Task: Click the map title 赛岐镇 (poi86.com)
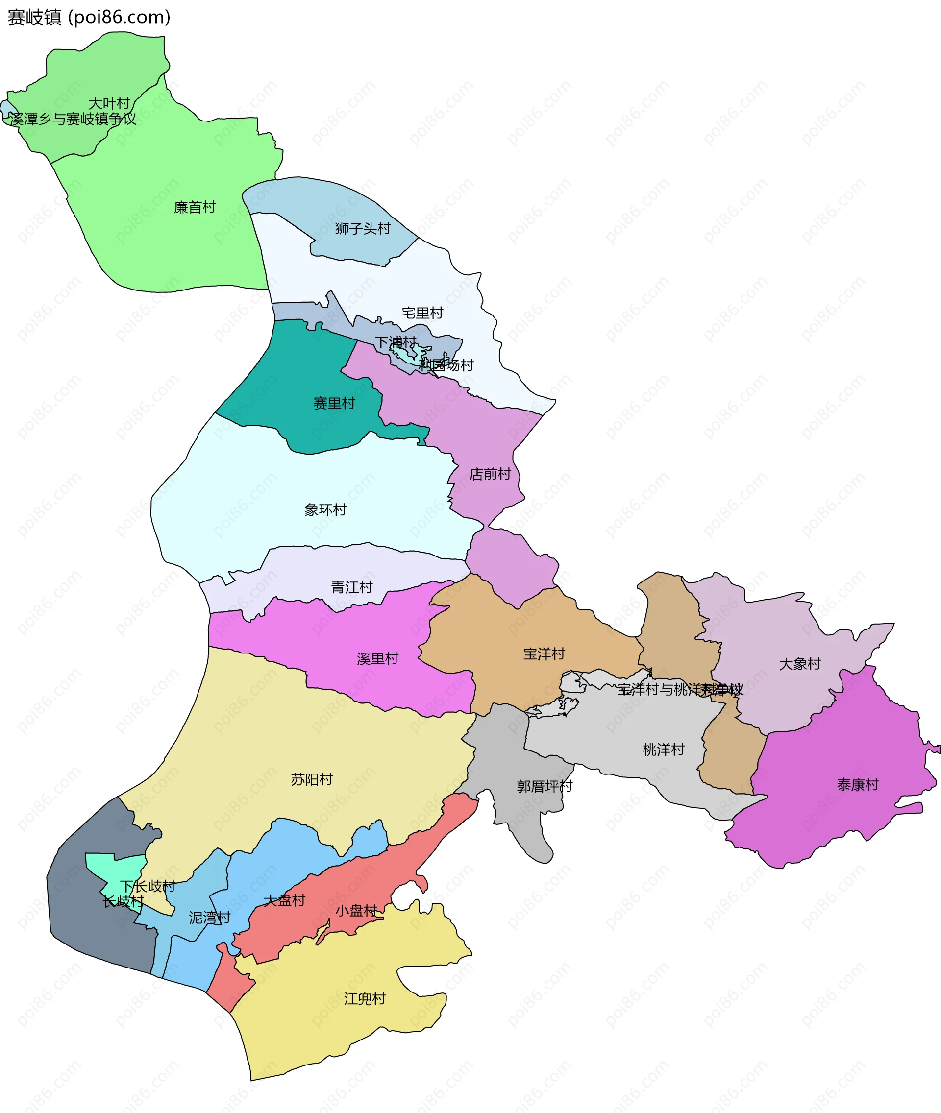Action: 89,18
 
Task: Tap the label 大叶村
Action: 109,103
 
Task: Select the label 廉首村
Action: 195,207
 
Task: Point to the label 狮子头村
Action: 363,228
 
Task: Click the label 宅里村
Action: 422,313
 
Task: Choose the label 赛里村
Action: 334,403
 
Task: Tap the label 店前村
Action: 490,474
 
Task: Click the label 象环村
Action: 325,509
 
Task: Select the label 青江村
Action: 351,587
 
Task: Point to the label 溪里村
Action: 378,658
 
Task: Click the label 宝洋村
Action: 544,654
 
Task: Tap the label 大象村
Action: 800,664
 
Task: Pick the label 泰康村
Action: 857,784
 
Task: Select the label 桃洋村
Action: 663,750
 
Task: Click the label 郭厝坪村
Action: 544,786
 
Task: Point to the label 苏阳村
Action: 312,780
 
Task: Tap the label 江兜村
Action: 364,998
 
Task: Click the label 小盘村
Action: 356,910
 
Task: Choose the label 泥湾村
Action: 210,917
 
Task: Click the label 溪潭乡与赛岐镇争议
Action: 73,119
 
